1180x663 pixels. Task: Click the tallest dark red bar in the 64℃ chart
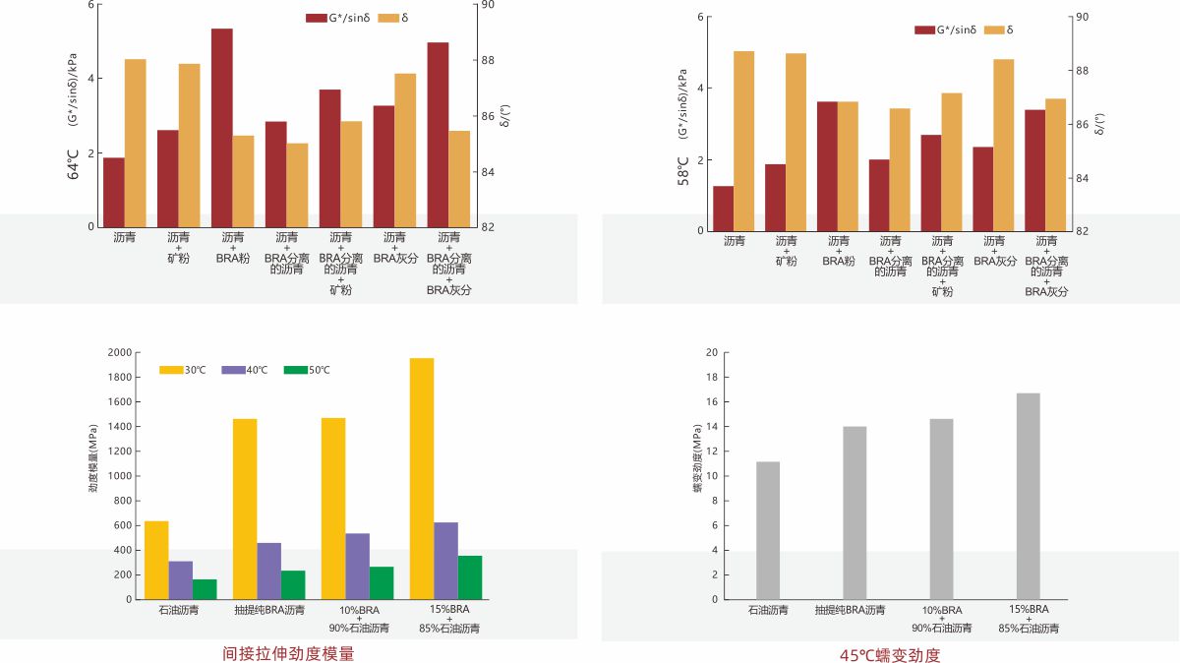(x=222, y=128)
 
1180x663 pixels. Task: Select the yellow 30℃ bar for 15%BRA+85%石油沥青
(x=422, y=478)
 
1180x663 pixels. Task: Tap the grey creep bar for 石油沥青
(x=768, y=530)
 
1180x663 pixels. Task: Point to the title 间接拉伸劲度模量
(x=288, y=653)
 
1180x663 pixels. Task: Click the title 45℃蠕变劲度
(x=890, y=655)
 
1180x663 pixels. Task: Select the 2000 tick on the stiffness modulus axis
(x=119, y=352)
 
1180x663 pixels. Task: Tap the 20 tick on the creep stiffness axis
(x=712, y=352)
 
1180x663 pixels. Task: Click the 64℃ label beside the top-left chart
(x=73, y=161)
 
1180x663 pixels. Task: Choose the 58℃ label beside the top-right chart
(x=682, y=171)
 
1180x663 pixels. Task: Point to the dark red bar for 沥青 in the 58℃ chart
(x=723, y=209)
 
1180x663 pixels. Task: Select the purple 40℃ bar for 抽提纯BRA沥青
(x=269, y=571)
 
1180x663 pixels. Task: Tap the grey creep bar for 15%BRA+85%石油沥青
(x=1028, y=496)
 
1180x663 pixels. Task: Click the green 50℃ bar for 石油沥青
(x=205, y=589)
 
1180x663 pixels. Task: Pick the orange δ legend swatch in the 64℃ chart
(x=387, y=19)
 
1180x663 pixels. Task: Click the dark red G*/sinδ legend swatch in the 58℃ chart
(x=924, y=30)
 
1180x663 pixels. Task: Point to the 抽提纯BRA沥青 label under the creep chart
(x=850, y=611)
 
